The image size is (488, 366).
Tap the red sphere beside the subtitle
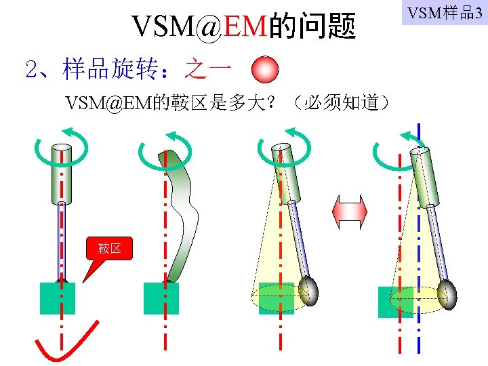265,69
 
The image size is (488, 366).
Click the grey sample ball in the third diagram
308,289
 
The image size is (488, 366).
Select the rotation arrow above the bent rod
165,148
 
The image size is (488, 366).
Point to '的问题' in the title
312,26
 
